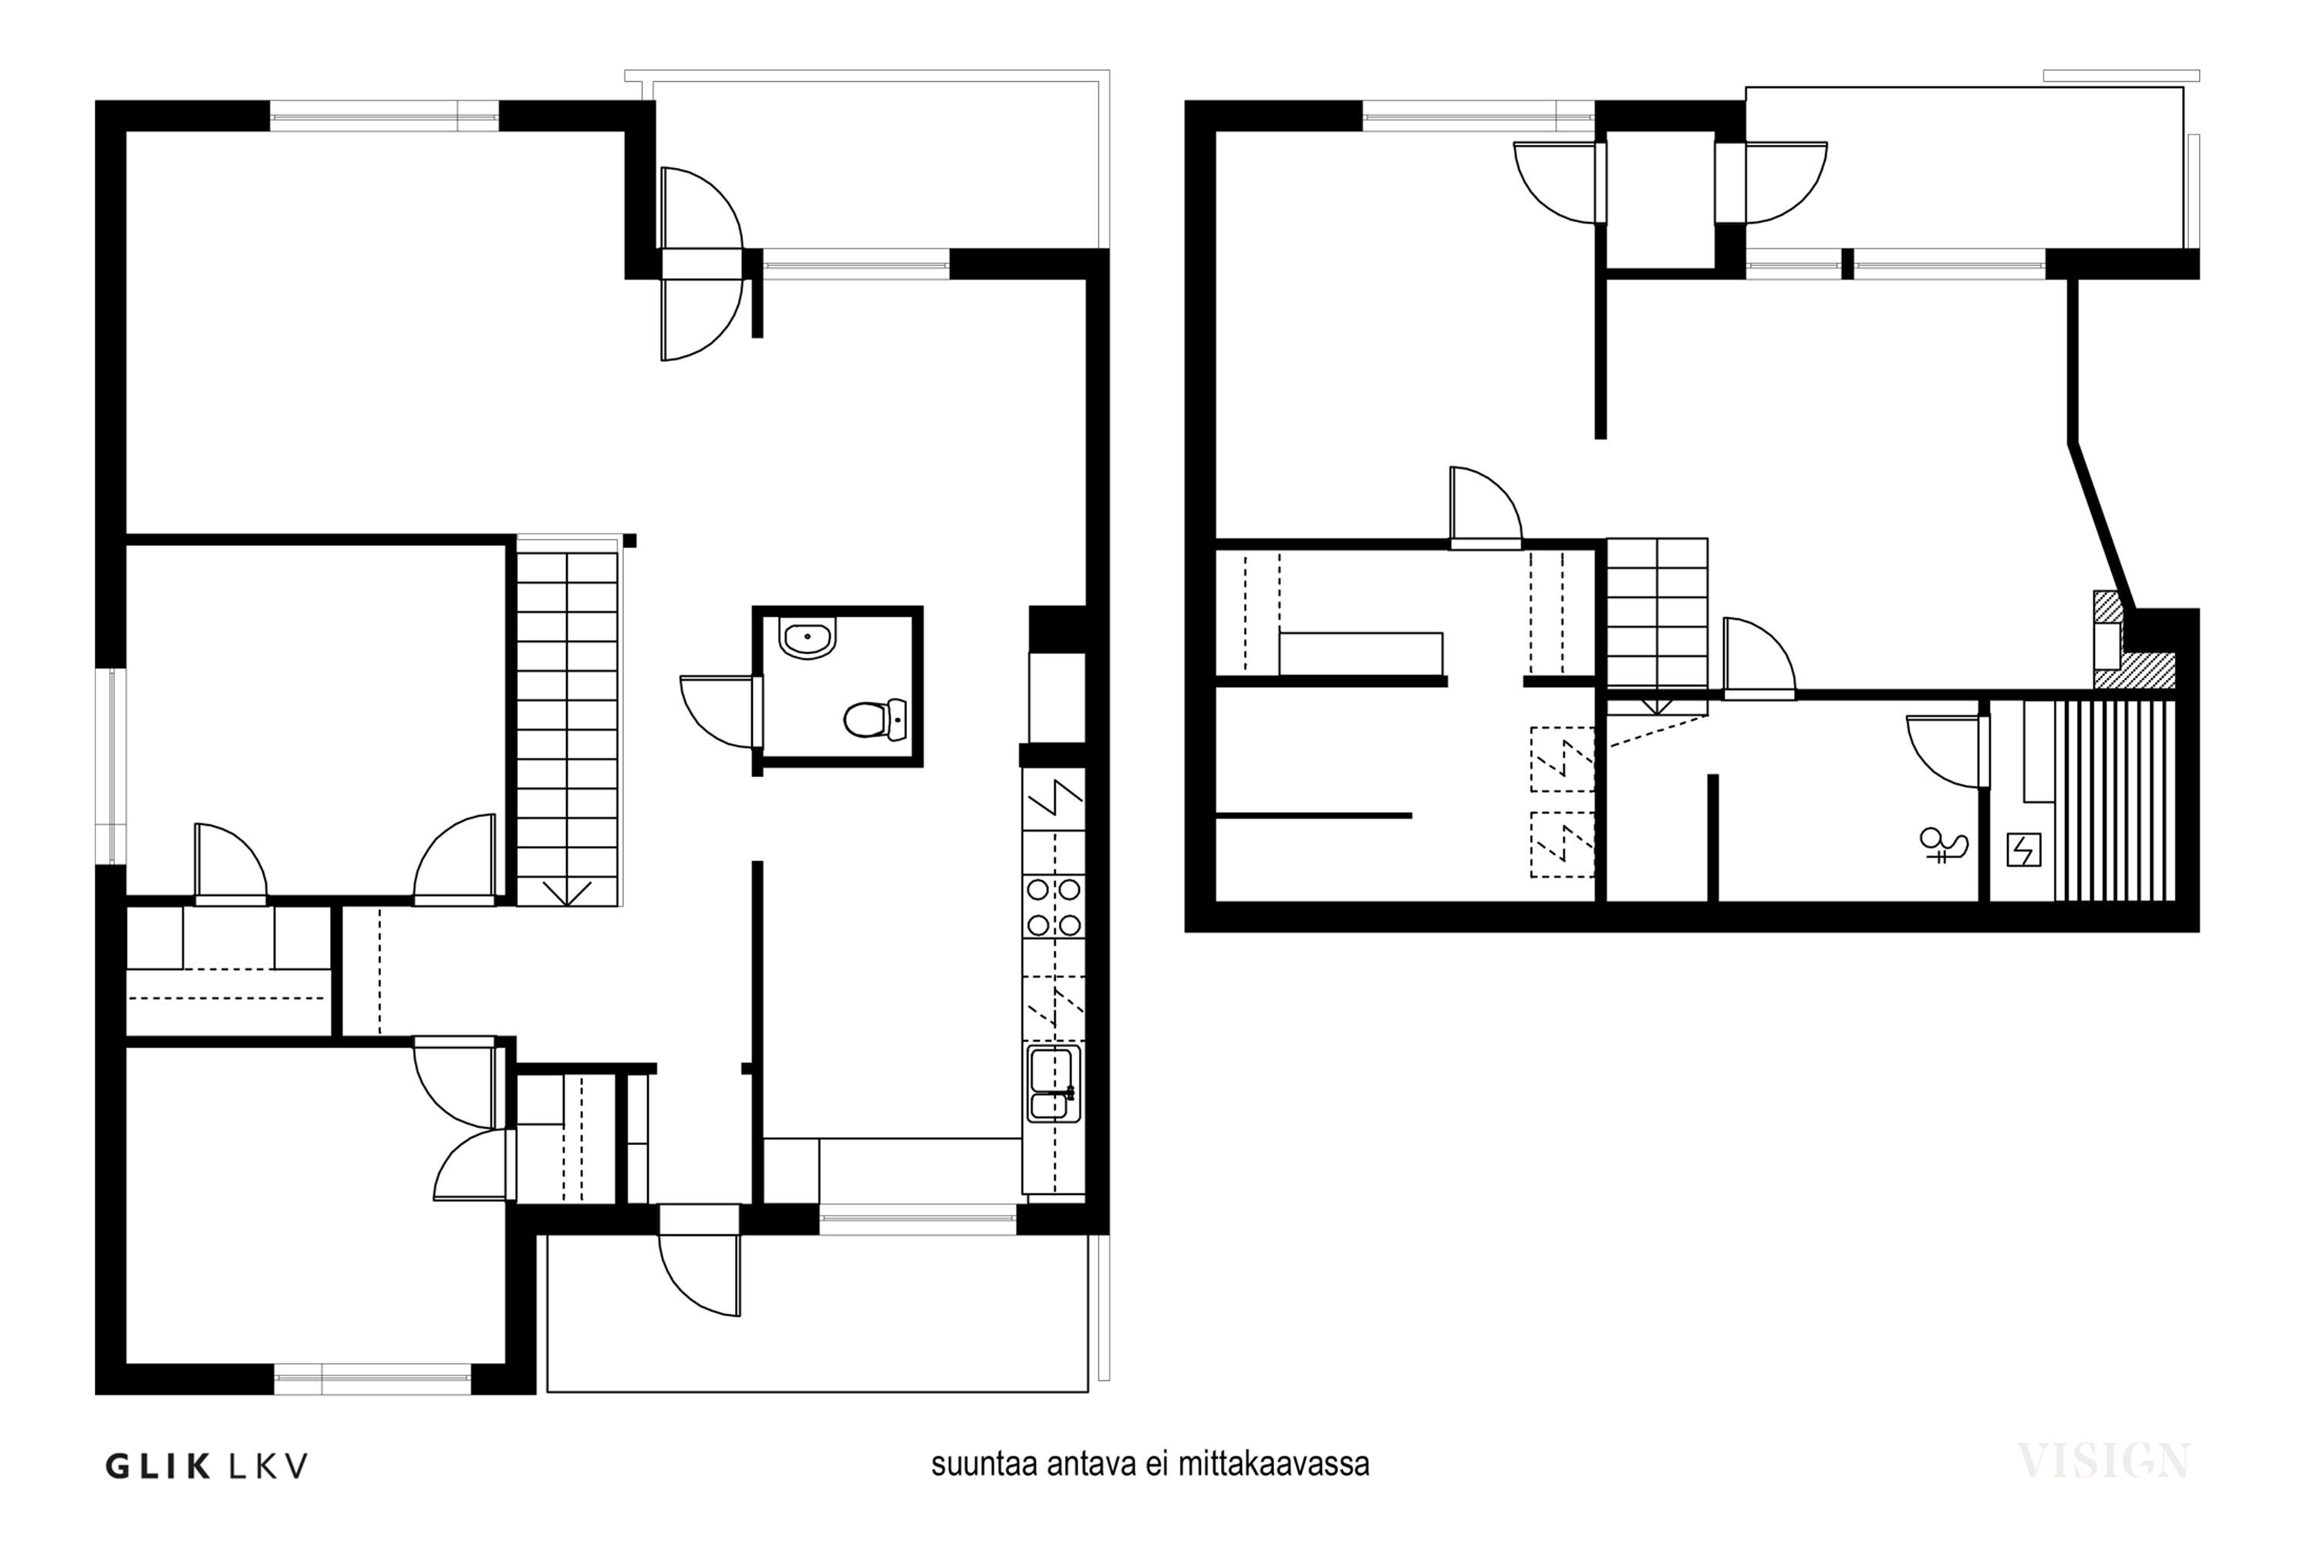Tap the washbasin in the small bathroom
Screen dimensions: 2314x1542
pos(807,638)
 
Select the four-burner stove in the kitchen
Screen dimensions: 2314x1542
pos(1054,907)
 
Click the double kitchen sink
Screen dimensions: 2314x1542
pos(1054,1084)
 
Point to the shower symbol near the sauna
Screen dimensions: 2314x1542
pos(1944,845)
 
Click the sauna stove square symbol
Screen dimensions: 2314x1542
pos(2024,850)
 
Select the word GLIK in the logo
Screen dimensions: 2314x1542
pos(157,1466)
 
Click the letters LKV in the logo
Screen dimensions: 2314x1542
pos(268,1466)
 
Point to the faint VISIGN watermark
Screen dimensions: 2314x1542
pos(2103,1460)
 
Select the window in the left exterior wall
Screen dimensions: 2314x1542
pos(117,766)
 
